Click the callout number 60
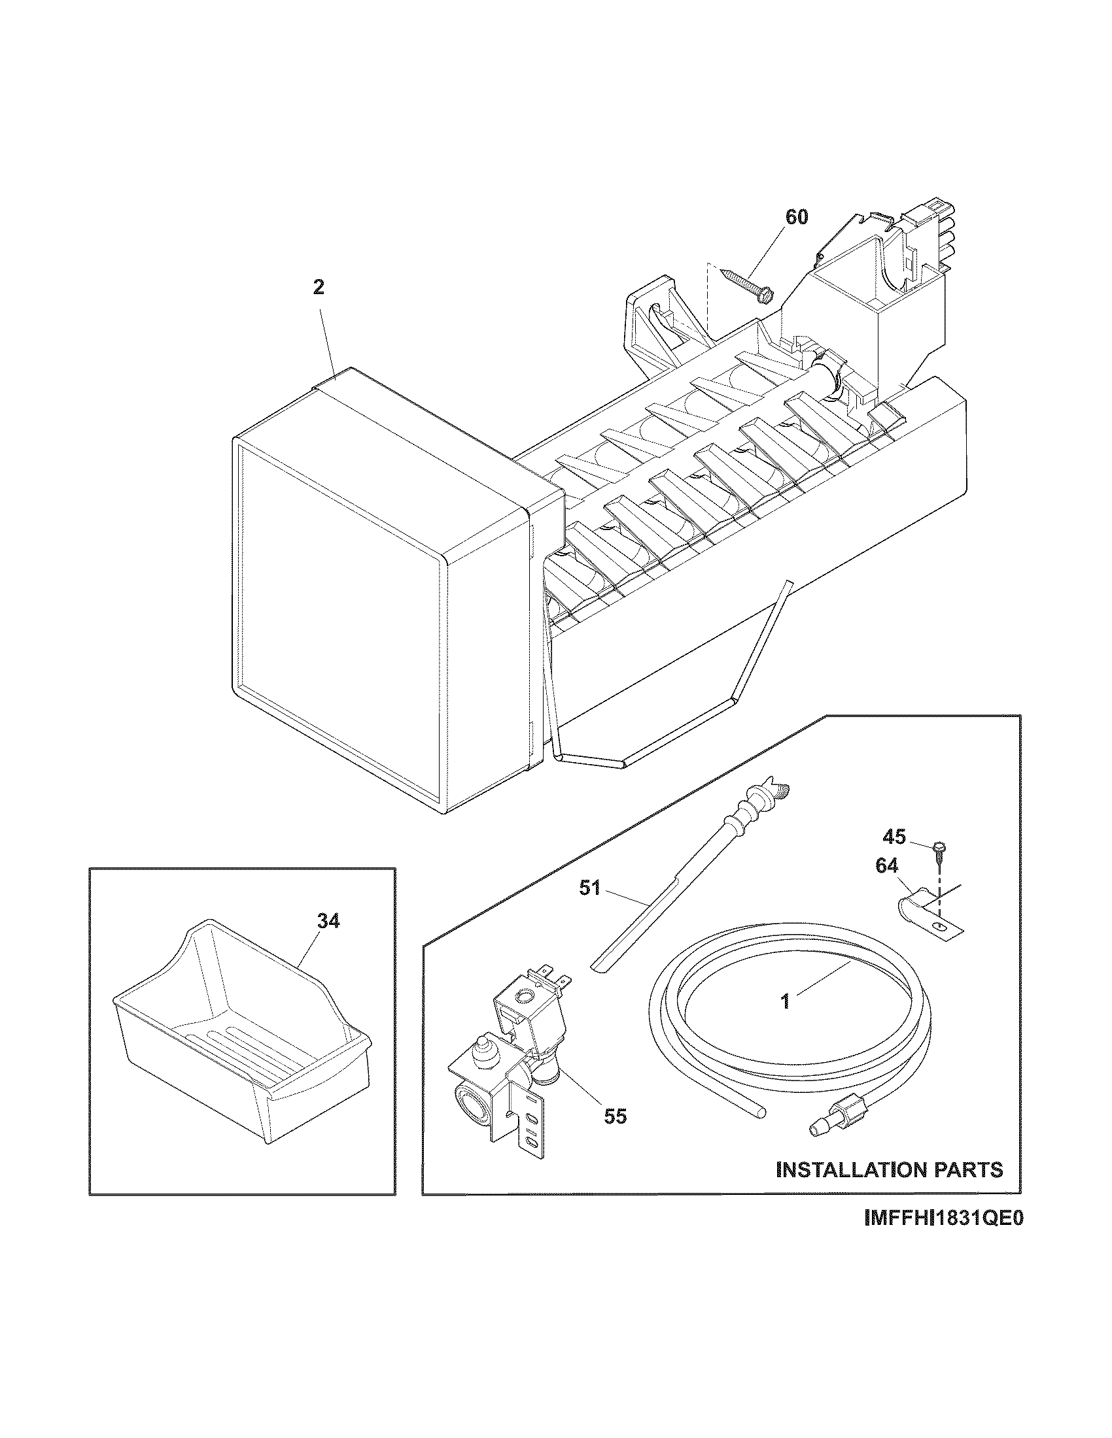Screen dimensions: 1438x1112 click(797, 217)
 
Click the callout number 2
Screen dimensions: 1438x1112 click(318, 288)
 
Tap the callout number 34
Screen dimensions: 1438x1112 click(328, 921)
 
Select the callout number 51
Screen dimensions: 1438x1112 click(589, 888)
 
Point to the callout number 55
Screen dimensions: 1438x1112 click(616, 1115)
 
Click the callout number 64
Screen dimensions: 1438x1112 click(886, 866)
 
